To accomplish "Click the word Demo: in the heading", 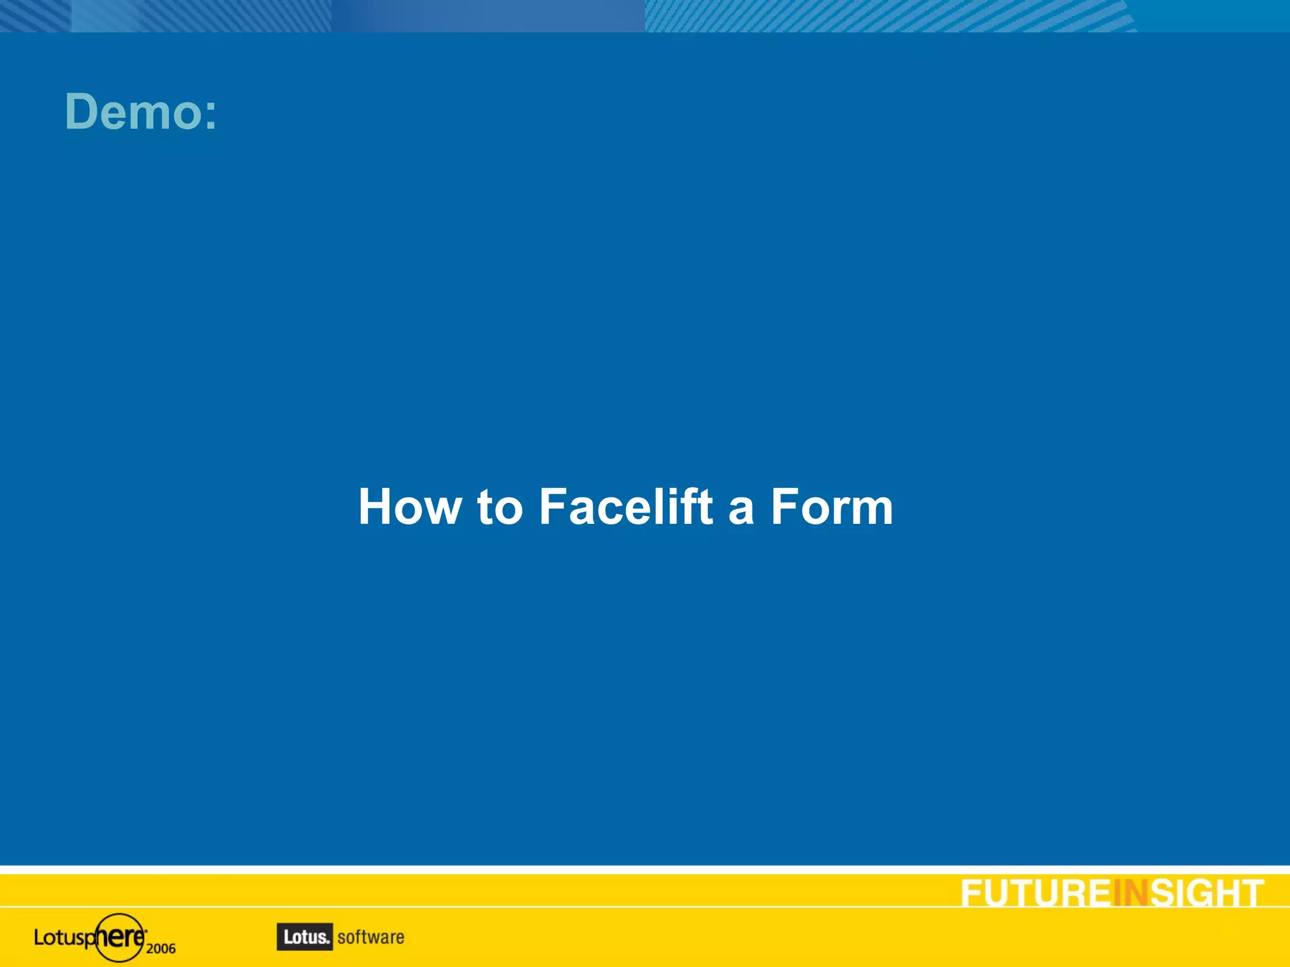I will click(140, 112).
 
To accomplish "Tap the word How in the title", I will click(409, 507).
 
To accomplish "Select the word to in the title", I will click(500, 507).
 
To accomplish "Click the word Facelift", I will click(626, 507).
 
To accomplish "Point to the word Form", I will click(831, 507).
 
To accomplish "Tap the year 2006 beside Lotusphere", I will click(161, 948).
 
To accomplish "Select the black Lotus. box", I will click(305, 937).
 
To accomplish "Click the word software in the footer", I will click(370, 937).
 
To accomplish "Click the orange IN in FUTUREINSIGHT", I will click(1131, 893).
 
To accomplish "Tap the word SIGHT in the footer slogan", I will click(1207, 893).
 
